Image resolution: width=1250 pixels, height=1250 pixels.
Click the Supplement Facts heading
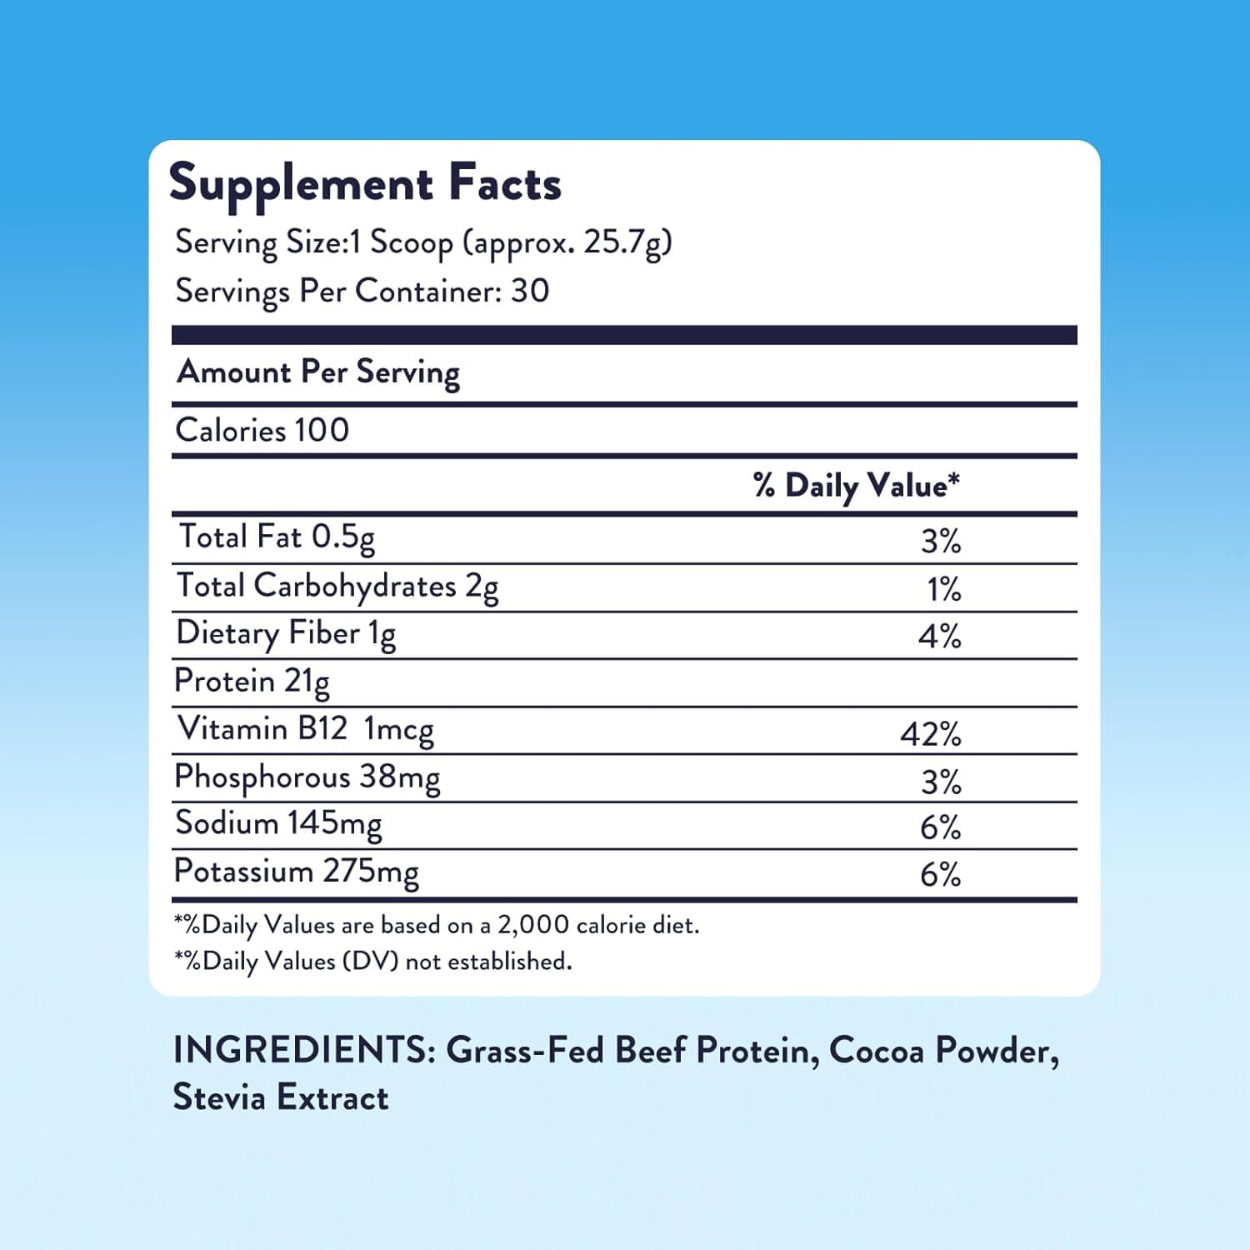(x=365, y=184)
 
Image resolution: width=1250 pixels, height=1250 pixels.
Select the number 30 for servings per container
(x=530, y=291)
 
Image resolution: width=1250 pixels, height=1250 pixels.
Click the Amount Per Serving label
(x=318, y=372)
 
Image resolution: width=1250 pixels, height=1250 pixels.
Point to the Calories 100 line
(x=262, y=430)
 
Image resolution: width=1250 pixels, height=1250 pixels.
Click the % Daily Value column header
(x=856, y=485)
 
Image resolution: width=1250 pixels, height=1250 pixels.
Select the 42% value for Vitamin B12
(x=930, y=734)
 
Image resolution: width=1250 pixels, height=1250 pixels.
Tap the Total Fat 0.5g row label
(x=277, y=537)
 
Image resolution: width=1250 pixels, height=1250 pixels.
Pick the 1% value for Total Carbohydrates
(x=943, y=590)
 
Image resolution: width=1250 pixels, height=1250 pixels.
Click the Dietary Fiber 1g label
(x=286, y=634)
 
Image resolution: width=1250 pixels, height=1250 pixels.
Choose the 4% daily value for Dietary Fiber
(x=939, y=637)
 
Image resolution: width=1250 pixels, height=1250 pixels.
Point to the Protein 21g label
(x=252, y=682)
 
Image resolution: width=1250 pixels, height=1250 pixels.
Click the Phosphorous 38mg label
(x=307, y=777)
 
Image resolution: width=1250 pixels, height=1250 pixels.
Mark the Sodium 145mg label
(x=278, y=824)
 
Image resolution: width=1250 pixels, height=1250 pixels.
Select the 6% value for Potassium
(x=940, y=874)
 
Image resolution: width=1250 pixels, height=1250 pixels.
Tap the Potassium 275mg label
(x=296, y=872)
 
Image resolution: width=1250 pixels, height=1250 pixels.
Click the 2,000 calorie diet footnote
(x=437, y=925)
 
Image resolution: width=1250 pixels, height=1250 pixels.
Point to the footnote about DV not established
(x=373, y=962)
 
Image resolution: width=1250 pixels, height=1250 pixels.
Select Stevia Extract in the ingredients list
(x=281, y=1097)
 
